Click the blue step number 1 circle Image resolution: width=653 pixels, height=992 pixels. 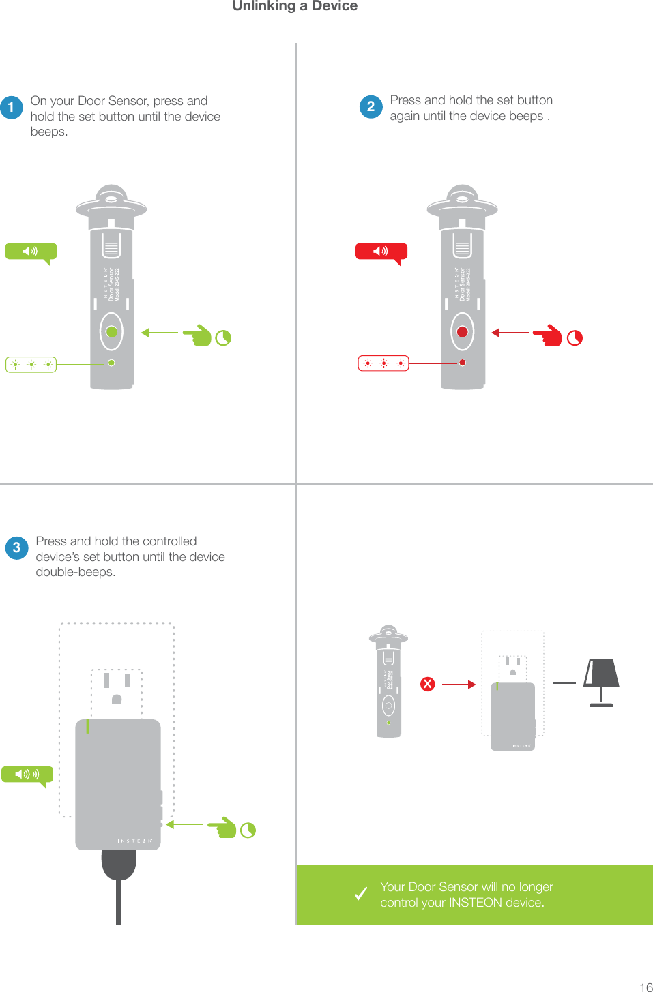coord(12,108)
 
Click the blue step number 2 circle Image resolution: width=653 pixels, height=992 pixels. coord(371,106)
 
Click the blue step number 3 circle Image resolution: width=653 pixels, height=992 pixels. coord(16,547)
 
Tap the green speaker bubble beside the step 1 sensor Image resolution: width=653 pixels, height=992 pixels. coord(31,252)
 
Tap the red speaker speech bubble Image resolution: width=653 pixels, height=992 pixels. coord(381,252)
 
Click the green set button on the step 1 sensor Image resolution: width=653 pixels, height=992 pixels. coord(112,332)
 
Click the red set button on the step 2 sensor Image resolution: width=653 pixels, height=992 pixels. coord(463,332)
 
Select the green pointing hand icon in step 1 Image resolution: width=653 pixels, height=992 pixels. coord(198,335)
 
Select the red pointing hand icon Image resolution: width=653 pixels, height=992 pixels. coord(548,335)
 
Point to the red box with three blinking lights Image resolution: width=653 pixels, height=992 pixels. coord(383,363)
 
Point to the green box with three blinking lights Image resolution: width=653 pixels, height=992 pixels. coord(31,365)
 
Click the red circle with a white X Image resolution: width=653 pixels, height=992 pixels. coord(428,684)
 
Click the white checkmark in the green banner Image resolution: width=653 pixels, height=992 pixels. coord(361,894)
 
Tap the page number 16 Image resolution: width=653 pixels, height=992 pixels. coord(645,987)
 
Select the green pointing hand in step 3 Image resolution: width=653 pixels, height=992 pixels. coord(222,828)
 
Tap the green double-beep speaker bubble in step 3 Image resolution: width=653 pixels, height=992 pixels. coord(27,775)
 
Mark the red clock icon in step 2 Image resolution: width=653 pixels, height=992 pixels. coord(575,338)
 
